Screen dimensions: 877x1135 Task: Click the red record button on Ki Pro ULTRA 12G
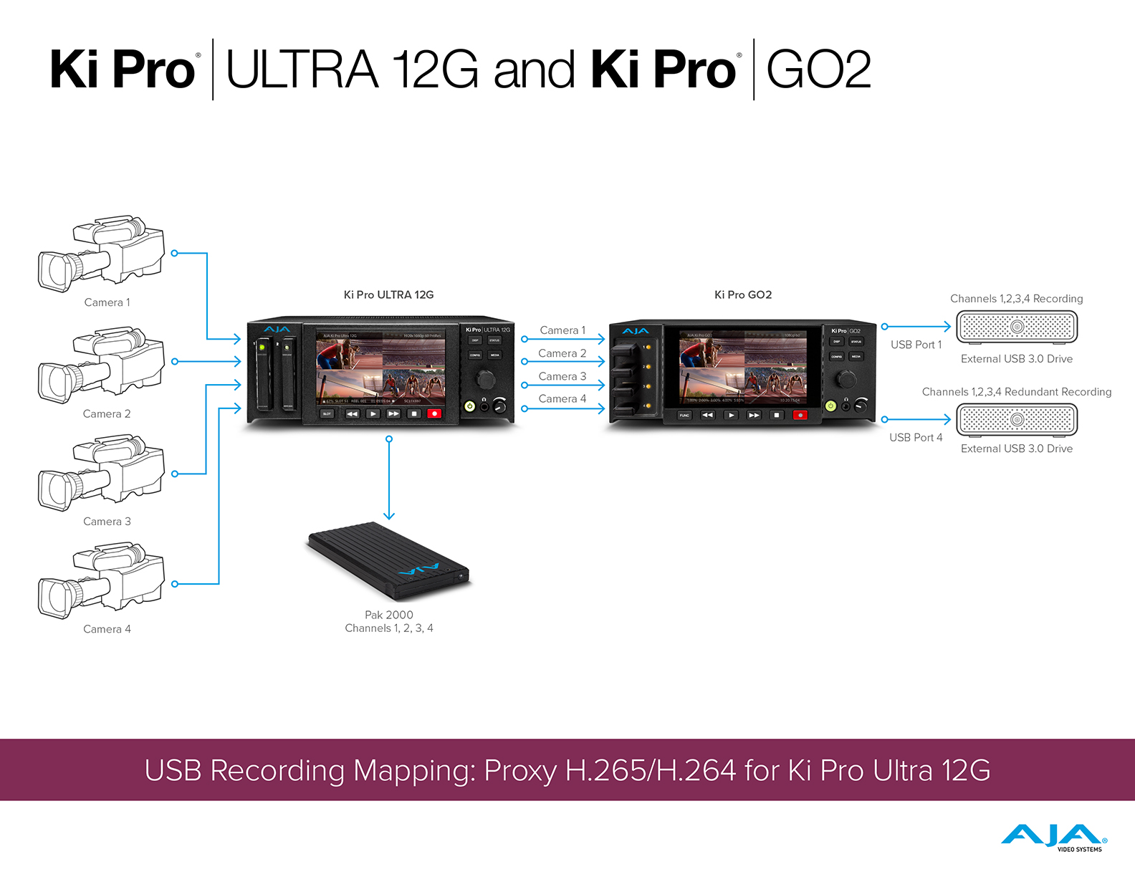click(x=434, y=413)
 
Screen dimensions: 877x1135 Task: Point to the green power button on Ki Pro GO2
click(x=830, y=406)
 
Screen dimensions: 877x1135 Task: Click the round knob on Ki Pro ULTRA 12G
click(x=486, y=378)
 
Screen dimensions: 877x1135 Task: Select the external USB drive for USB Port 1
click(x=1016, y=327)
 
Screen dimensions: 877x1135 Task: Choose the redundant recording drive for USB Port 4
click(x=1016, y=420)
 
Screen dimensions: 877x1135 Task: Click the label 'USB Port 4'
click(x=916, y=437)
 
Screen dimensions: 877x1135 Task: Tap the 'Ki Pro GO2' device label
click(x=743, y=294)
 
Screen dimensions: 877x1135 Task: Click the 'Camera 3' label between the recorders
click(x=562, y=376)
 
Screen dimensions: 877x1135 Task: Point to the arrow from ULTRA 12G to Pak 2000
click(x=389, y=477)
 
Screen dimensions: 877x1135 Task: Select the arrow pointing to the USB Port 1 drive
click(x=917, y=327)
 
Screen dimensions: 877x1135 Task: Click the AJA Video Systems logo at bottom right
click(x=1054, y=838)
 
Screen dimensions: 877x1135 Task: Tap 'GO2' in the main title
click(x=818, y=70)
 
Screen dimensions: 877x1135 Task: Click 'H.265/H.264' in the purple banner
click(x=650, y=770)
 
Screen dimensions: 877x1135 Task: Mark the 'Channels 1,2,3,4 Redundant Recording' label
click(x=1016, y=392)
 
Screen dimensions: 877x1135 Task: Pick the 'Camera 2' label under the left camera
click(x=107, y=413)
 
